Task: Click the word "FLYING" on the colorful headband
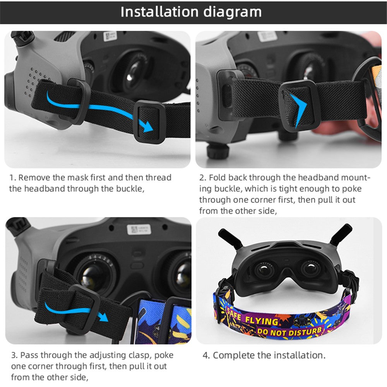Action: (262, 321)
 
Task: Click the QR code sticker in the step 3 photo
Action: (135, 229)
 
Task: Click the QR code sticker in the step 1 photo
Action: (110, 36)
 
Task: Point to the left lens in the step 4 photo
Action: (264, 270)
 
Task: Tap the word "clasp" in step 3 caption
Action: (139, 355)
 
